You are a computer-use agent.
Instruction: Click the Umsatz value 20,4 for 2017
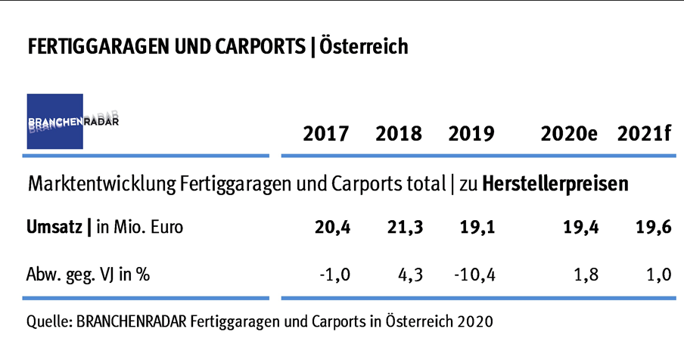click(x=333, y=227)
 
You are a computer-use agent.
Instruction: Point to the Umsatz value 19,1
click(x=478, y=227)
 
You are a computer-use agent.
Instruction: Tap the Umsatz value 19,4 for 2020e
click(x=581, y=227)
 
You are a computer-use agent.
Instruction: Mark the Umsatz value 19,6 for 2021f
click(x=654, y=227)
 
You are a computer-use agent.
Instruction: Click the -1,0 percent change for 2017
click(x=333, y=275)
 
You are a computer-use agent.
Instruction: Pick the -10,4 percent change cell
click(x=474, y=275)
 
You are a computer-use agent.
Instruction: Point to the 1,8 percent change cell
click(x=585, y=275)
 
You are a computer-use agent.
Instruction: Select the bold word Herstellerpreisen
click(x=555, y=184)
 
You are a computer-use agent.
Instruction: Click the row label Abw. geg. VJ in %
click(x=88, y=275)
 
